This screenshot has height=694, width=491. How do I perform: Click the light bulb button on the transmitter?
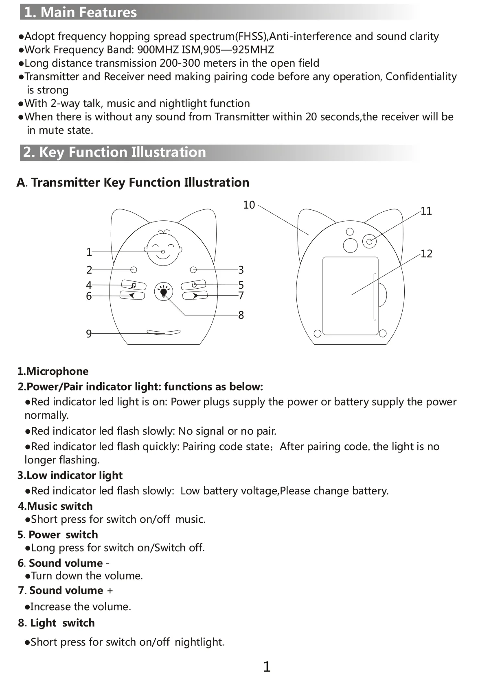click(164, 292)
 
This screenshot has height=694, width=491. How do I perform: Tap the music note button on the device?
click(133, 285)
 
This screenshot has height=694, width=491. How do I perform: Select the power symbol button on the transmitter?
click(194, 285)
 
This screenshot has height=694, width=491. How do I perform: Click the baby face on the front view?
click(163, 248)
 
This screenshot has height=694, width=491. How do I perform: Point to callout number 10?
click(249, 205)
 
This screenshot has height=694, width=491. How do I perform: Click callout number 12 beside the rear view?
click(426, 254)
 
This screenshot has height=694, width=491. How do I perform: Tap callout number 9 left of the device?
click(89, 334)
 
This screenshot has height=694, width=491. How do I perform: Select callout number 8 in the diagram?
click(241, 315)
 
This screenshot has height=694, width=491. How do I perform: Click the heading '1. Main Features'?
click(81, 12)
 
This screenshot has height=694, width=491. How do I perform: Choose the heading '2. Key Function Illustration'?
click(114, 152)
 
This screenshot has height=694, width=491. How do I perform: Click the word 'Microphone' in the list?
click(57, 371)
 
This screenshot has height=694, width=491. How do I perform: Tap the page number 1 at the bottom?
click(267, 667)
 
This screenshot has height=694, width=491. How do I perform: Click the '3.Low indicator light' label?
click(70, 475)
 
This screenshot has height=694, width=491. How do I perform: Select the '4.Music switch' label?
click(55, 506)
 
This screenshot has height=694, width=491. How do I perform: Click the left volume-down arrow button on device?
click(132, 296)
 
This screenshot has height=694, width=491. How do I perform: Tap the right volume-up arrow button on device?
click(195, 296)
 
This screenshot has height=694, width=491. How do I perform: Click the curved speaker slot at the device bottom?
click(164, 333)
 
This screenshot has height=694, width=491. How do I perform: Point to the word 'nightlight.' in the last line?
click(199, 642)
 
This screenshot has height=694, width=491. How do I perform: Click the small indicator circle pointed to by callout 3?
click(193, 270)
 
